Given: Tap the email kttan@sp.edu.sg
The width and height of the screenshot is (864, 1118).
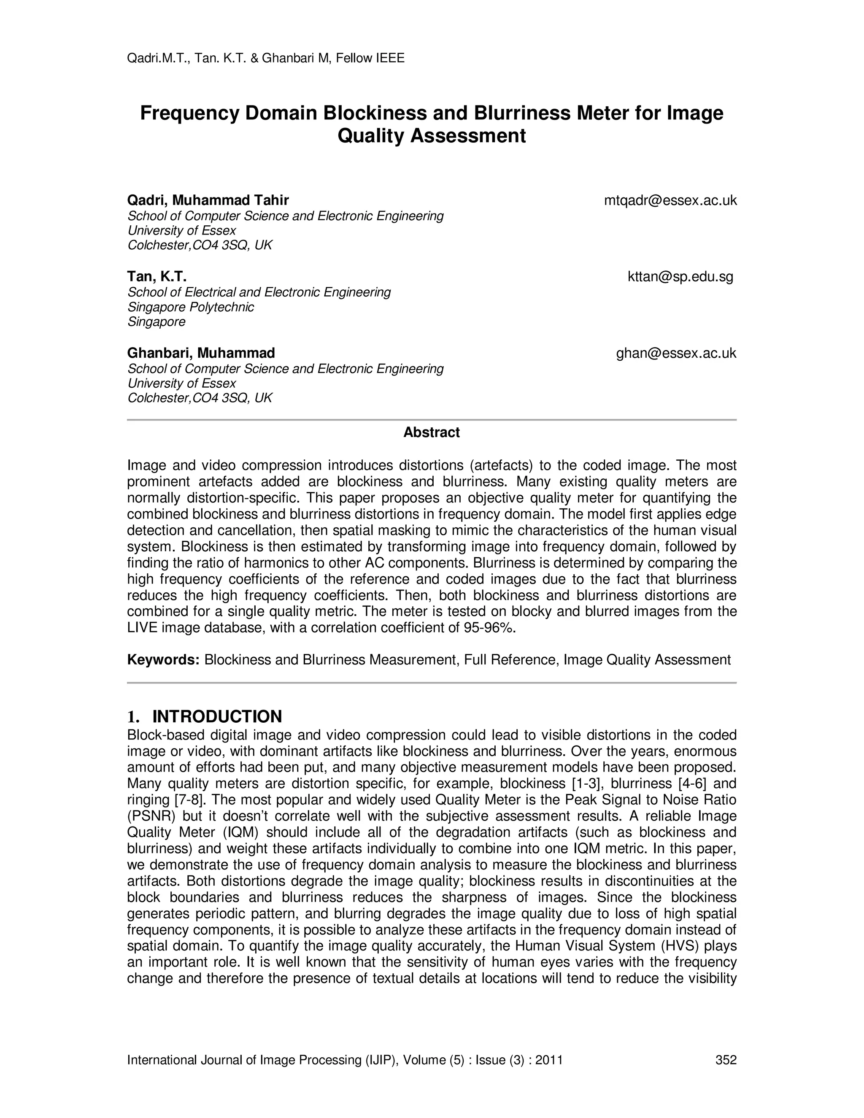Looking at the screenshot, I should coord(680,277).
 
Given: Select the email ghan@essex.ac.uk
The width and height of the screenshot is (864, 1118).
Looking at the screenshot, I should coord(676,353).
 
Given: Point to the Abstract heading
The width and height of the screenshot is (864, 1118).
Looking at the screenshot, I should coord(432,432).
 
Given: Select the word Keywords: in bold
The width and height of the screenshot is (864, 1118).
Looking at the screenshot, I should coord(163,660).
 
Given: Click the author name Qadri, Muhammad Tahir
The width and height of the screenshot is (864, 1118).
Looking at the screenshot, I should coord(208,200).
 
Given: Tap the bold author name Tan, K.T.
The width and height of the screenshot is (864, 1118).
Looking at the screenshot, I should coord(157,277).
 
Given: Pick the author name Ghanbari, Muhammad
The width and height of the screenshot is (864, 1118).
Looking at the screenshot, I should coord(201,353).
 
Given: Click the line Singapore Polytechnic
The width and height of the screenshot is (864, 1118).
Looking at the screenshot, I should coord(190,307).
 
